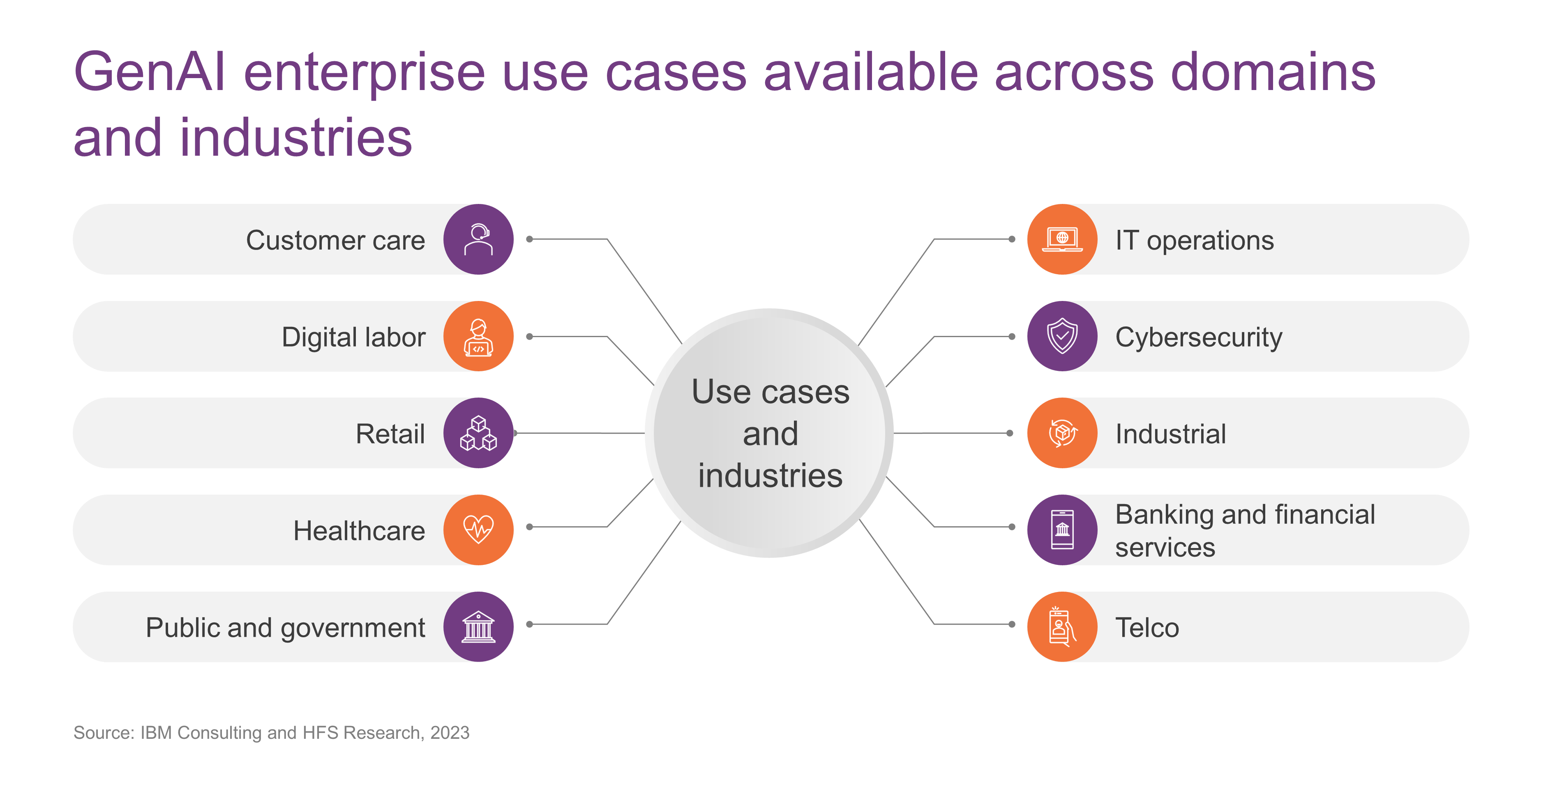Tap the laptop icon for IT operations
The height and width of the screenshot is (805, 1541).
(x=1062, y=239)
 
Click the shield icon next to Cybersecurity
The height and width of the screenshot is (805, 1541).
(x=1062, y=336)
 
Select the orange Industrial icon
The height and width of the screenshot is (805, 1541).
(x=1062, y=433)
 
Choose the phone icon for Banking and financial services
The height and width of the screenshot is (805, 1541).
(x=1062, y=530)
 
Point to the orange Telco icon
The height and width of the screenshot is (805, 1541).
(x=1062, y=627)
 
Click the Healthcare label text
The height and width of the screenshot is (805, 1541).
(x=359, y=531)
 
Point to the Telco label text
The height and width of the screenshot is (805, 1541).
(x=1147, y=628)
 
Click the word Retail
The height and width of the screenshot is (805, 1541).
(x=390, y=434)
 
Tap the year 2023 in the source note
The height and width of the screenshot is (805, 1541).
(x=450, y=733)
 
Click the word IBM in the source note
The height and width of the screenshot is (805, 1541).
(x=157, y=733)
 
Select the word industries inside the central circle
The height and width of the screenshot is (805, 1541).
(x=770, y=476)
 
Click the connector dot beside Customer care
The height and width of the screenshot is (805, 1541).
(x=529, y=239)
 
